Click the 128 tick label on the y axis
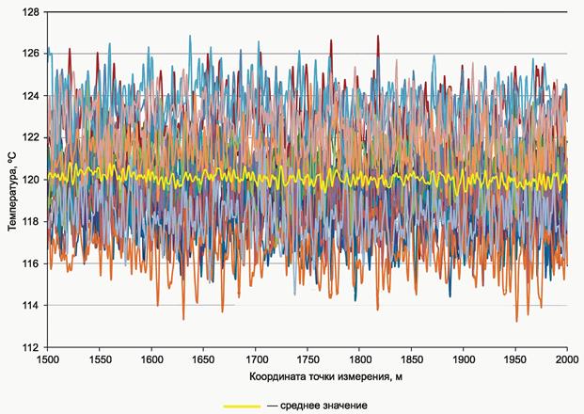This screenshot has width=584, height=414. click(30, 12)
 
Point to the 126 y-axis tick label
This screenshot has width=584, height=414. click(30, 54)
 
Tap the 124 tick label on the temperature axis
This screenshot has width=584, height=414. click(30, 96)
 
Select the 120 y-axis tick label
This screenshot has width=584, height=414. click(30, 180)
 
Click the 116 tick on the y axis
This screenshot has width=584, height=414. click(30, 263)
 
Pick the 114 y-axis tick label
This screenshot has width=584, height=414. click(30, 306)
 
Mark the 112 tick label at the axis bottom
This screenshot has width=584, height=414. click(30, 347)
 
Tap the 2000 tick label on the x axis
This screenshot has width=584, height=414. click(566, 359)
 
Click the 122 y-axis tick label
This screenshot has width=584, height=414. click(30, 138)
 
